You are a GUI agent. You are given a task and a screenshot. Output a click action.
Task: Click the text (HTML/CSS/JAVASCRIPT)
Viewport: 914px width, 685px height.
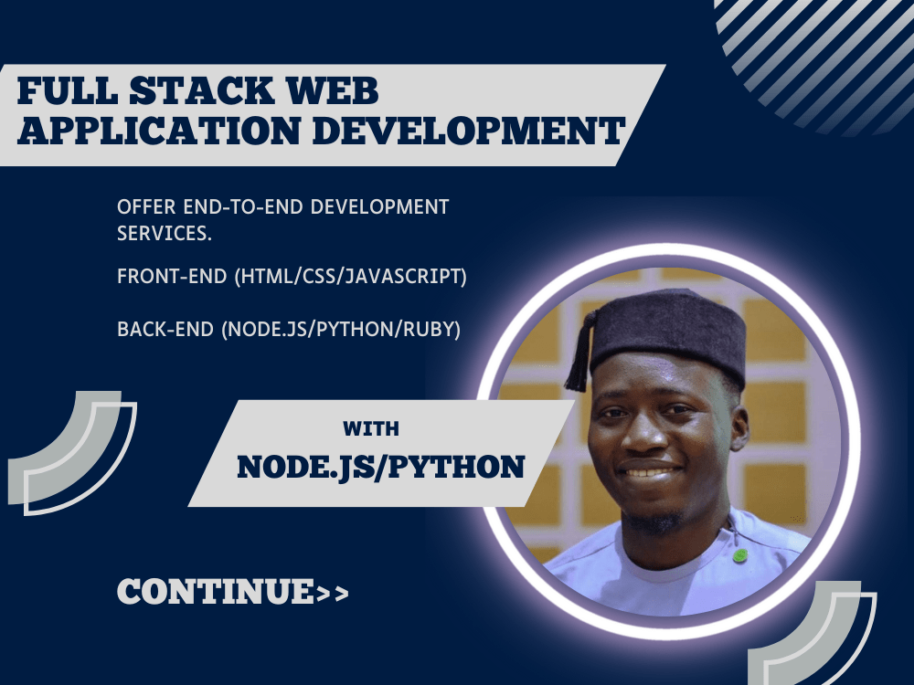[x=351, y=278]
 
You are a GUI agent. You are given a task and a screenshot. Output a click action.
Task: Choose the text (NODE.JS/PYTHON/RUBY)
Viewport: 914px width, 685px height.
[x=340, y=329]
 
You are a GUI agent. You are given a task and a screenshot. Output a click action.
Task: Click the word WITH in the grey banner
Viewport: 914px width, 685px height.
[x=371, y=428]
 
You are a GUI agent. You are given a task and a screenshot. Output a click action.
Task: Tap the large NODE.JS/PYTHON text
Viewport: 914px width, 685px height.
[x=380, y=467]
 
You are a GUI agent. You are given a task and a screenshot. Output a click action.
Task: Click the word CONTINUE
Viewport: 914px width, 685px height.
[x=215, y=592]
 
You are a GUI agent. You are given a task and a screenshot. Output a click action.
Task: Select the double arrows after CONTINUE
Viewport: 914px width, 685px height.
[x=333, y=594]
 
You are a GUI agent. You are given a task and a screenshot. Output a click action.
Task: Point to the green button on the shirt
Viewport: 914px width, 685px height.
[x=739, y=554]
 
